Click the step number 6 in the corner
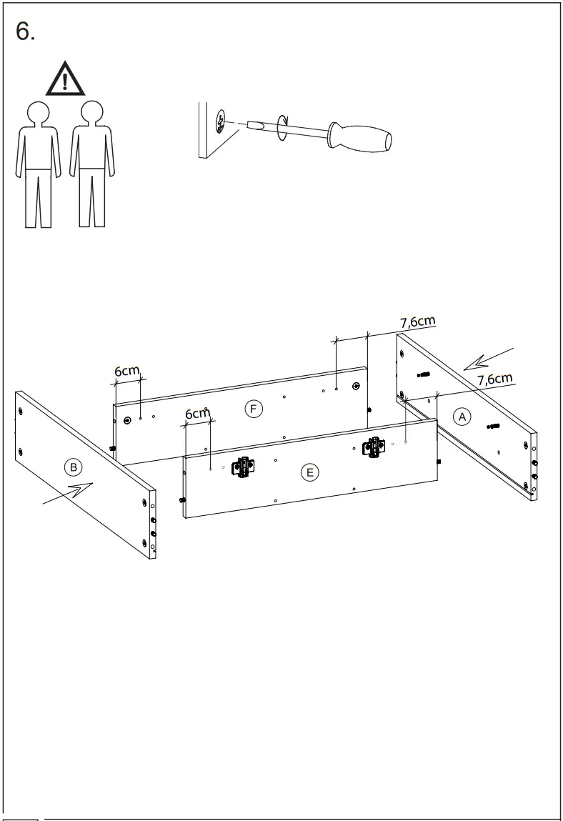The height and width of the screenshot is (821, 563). point(25,31)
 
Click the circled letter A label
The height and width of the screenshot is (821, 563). point(463,417)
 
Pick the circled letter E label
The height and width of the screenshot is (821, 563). point(309,472)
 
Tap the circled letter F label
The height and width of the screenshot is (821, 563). point(252,409)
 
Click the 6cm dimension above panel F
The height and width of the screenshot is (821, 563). point(127,372)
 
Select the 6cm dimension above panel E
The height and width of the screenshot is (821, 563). point(197,414)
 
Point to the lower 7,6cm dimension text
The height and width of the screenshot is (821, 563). point(494,379)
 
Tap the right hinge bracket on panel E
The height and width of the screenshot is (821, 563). point(373,447)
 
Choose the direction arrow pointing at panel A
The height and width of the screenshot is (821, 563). point(488,359)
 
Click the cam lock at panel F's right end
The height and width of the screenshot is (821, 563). point(357,386)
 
